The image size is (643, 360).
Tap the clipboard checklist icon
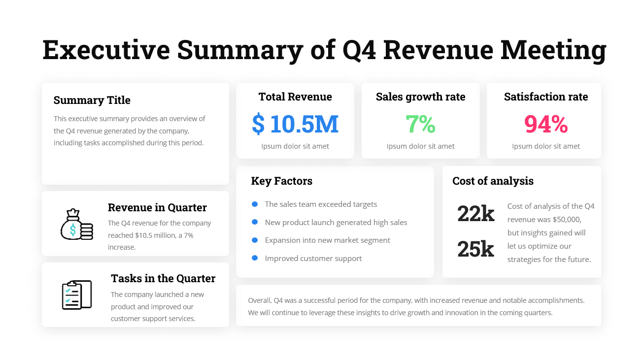tap(76, 295)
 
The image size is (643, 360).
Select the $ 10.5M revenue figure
tap(295, 124)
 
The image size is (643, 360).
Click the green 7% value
tap(420, 124)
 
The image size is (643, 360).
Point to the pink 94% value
tap(545, 124)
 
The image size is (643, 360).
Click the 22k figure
tap(475, 214)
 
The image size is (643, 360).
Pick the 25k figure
tap(475, 249)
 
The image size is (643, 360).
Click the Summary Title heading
tap(92, 100)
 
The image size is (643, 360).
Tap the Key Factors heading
tap(281, 181)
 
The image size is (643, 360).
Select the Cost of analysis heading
tap(493, 181)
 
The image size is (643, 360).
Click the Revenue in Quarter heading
tap(157, 208)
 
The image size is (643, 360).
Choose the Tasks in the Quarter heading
tap(163, 279)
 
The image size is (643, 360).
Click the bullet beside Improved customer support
tap(255, 258)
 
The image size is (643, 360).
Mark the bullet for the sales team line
tap(255, 204)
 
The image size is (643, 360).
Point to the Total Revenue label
tap(295, 97)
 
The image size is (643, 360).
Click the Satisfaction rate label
tap(545, 97)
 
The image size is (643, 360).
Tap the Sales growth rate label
tap(420, 97)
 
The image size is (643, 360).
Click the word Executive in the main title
tap(106, 50)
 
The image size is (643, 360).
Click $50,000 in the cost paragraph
tap(567, 220)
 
